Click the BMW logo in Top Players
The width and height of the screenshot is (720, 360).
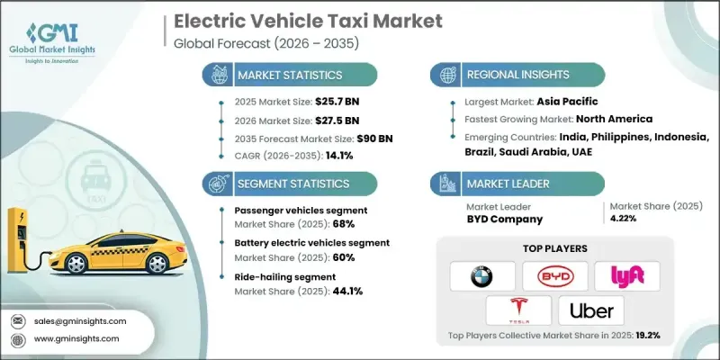pyautogui.click(x=482, y=275)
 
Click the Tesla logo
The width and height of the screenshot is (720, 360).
pyautogui.click(x=518, y=310)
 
